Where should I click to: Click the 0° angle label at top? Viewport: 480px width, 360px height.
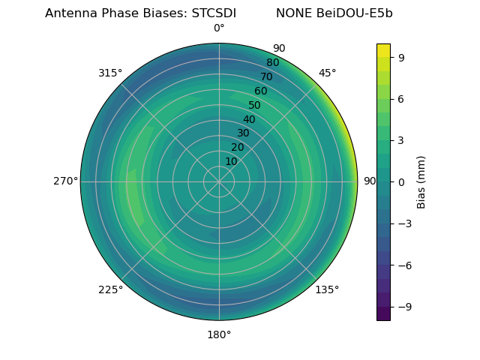pos(219,28)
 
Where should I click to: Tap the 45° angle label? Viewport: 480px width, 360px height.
pos(327,73)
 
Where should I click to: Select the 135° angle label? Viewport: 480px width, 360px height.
pos(327,289)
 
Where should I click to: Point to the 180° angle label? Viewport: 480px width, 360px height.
pos(219,334)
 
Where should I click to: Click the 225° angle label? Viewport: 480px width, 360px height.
pos(110,289)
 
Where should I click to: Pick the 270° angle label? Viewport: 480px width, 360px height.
pos(65,181)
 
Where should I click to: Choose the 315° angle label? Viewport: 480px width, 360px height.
pos(110,73)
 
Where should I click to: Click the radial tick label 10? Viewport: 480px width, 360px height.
pos(231,161)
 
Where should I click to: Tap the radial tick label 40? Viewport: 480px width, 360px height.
pos(249,119)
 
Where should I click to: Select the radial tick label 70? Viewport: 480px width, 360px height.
pos(266,76)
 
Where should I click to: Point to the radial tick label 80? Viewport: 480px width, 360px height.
pos(272,62)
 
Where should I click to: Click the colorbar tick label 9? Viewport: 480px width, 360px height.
pos(402,56)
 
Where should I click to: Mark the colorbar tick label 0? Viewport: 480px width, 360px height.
pos(402,181)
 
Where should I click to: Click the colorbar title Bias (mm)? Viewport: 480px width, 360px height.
pos(421,181)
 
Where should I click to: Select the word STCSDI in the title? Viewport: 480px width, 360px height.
pos(208,13)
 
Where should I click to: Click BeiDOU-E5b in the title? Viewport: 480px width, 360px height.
pos(355,13)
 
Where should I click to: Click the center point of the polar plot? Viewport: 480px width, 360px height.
pos(219,181)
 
